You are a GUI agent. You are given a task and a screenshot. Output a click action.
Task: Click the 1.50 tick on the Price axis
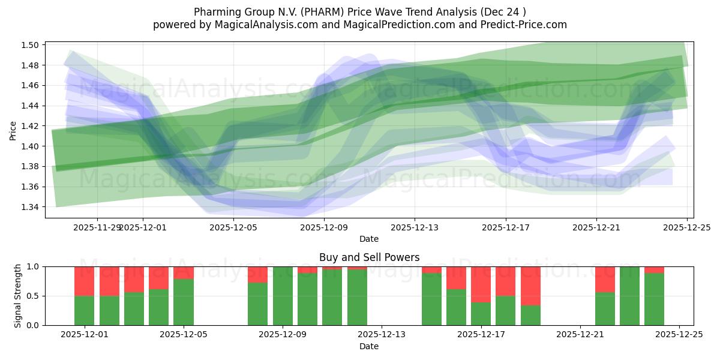(x=31, y=45)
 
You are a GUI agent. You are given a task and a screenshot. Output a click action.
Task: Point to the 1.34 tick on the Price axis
(x=31, y=207)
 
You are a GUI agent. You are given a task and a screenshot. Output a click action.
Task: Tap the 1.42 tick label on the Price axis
(x=31, y=126)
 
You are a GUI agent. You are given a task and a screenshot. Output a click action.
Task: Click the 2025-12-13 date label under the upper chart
(x=414, y=227)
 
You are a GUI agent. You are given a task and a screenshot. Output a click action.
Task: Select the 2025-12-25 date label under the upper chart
(x=686, y=227)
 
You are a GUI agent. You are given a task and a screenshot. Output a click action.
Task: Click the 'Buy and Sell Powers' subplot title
(x=369, y=257)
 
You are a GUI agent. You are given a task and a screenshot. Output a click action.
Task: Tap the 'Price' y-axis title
(x=13, y=130)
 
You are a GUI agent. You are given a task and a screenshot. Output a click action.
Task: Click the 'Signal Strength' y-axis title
(x=18, y=296)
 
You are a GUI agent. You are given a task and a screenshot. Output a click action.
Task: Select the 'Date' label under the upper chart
(x=369, y=239)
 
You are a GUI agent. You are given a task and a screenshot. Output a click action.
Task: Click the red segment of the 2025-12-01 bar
(x=84, y=281)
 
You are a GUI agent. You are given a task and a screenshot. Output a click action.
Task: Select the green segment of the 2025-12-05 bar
(x=183, y=302)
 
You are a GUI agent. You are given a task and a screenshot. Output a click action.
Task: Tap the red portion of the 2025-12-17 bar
(x=481, y=284)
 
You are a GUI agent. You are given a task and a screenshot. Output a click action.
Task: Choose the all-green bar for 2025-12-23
(x=629, y=296)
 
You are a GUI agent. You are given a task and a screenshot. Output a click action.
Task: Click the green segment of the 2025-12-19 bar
(x=530, y=315)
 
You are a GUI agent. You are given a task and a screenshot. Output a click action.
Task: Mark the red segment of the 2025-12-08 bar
(x=257, y=274)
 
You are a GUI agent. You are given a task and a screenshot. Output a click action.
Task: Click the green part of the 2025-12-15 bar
(x=431, y=299)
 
